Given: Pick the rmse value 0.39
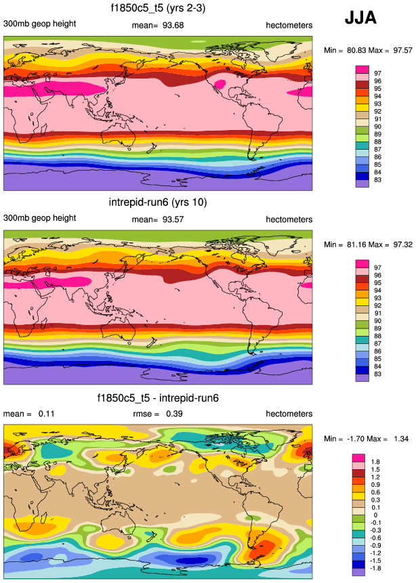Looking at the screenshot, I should [173, 414].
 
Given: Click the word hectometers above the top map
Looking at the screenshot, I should [289, 26].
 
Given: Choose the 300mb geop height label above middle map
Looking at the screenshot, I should [39, 219].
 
